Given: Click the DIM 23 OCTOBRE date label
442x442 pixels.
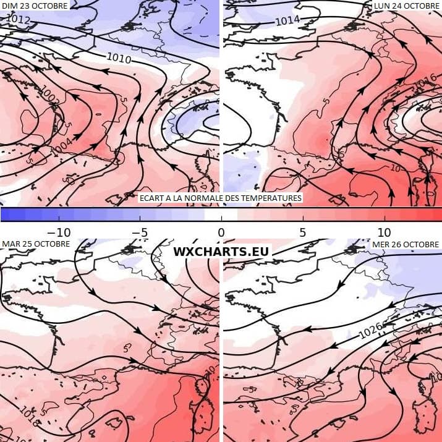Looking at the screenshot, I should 35,5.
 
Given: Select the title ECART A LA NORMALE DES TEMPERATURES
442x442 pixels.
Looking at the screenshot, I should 221,198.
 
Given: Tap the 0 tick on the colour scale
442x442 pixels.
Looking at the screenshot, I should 221,232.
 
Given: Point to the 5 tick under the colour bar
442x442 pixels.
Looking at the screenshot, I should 302,232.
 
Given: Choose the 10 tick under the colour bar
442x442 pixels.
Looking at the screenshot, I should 384,232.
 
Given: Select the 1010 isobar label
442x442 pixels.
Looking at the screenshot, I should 119,59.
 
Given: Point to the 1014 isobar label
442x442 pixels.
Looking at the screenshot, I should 287,20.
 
